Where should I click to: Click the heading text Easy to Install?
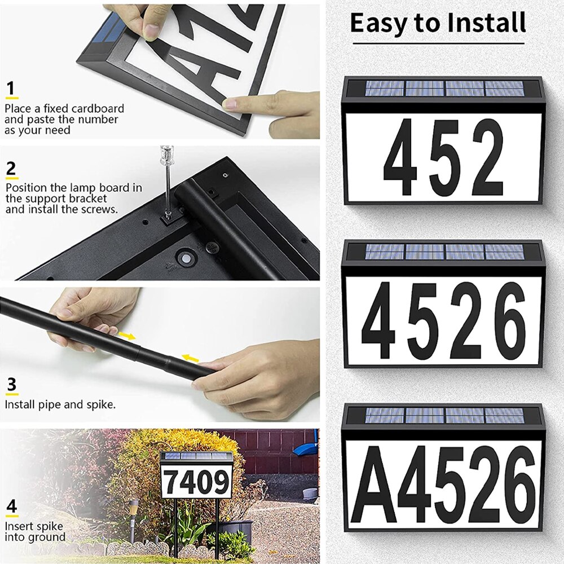tap(438, 23)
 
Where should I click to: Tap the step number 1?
tap(10, 89)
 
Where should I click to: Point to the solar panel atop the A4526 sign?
tap(443, 416)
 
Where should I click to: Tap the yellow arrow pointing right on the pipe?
tap(129, 336)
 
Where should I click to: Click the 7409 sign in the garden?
tap(196, 479)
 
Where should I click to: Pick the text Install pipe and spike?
tap(60, 404)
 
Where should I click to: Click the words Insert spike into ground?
tap(35, 531)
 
